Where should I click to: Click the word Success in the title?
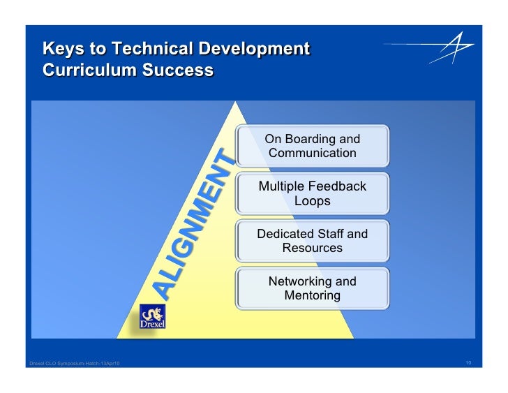[x=179, y=71]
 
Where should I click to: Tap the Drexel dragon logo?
[x=152, y=318]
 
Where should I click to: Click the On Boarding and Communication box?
[x=312, y=146]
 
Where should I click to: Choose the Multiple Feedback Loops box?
[x=312, y=193]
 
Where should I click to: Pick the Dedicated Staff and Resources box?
[x=312, y=241]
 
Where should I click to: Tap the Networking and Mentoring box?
[x=312, y=288]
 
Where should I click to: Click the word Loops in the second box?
[x=312, y=201]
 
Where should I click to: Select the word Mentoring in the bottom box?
[x=312, y=296]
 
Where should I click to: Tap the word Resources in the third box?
[x=312, y=249]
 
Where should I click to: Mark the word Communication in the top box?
[x=312, y=154]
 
